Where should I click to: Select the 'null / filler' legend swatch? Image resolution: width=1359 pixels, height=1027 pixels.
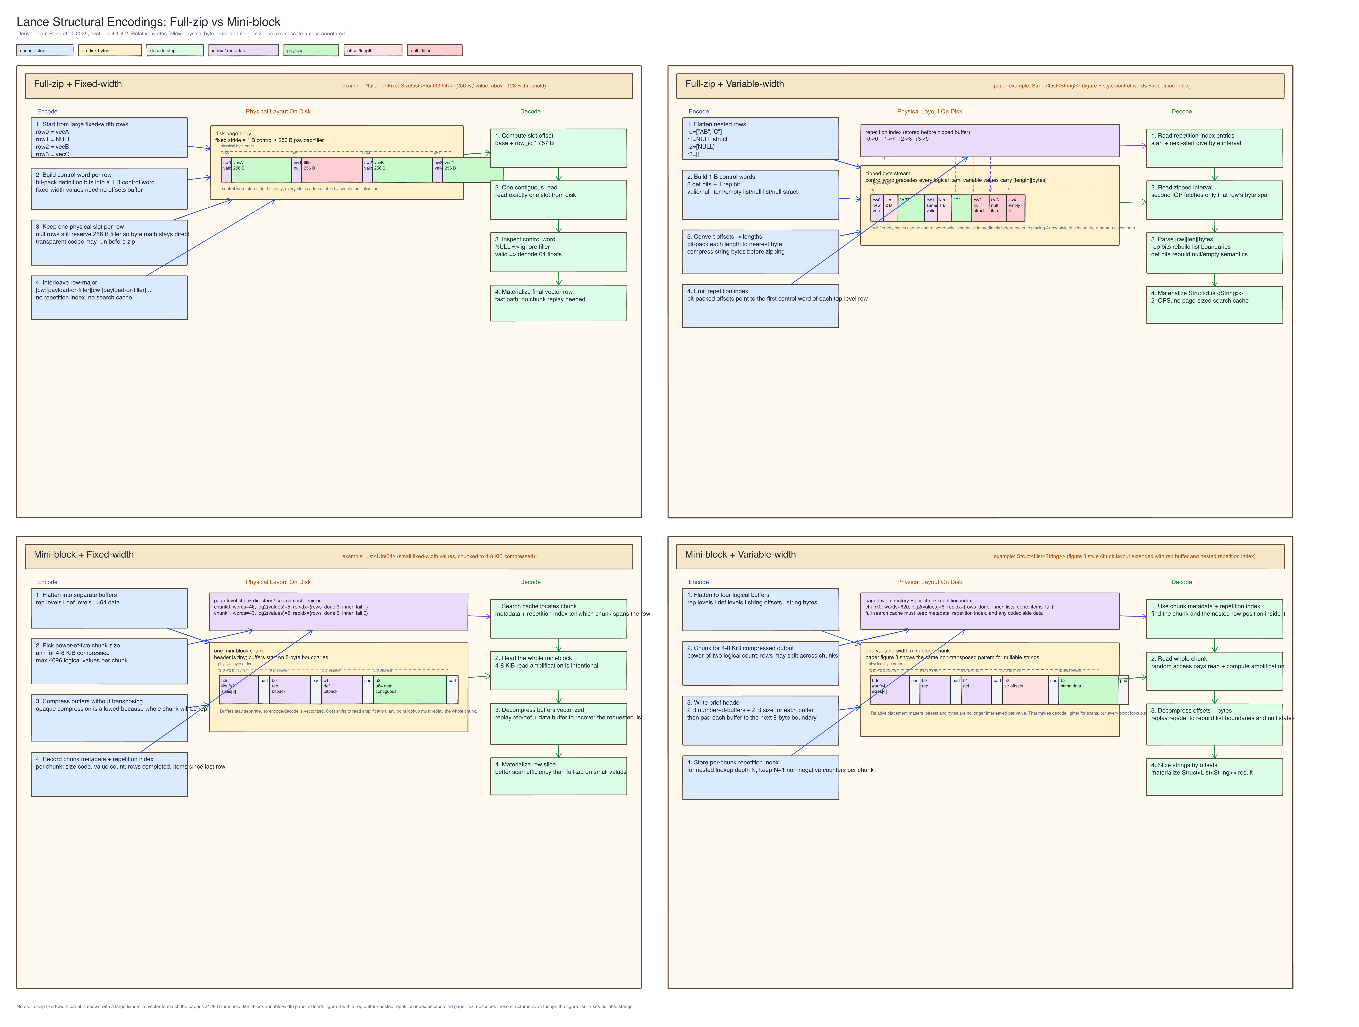point(434,50)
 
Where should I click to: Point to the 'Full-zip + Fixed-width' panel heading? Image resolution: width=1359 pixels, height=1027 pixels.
point(78,84)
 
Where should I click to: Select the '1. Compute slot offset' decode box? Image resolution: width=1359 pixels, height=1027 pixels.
point(558,148)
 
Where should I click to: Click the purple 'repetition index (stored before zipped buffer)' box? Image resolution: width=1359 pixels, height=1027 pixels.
point(989,141)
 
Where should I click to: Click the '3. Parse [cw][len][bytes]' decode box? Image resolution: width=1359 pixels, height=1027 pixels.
point(1214,252)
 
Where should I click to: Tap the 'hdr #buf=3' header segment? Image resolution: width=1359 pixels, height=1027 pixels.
point(238,689)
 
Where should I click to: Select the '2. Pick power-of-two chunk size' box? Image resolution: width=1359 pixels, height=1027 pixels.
point(109,661)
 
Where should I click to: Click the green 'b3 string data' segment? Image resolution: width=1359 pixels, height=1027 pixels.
point(1087,689)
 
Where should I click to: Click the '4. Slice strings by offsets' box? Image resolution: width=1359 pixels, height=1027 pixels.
point(1214,776)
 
